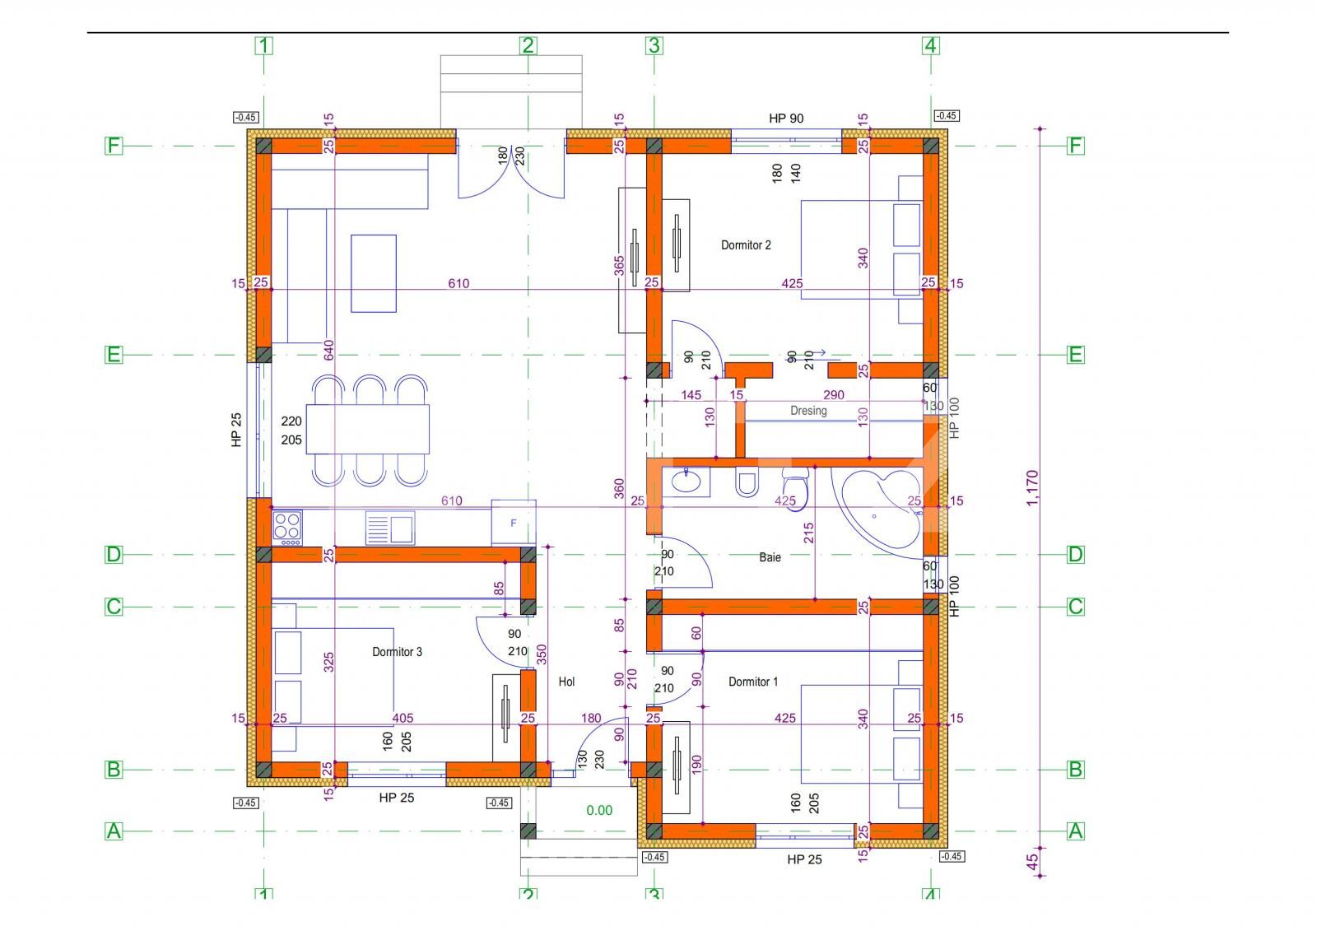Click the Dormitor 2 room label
tap(746, 245)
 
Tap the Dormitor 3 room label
tap(397, 652)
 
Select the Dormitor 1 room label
tap(752, 682)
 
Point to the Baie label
tap(770, 557)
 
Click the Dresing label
tap(808, 411)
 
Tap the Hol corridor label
tap(566, 682)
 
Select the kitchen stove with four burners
tap(287, 528)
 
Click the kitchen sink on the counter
tap(390, 528)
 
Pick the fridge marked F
tap(514, 523)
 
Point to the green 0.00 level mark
tap(599, 810)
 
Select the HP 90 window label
tap(786, 119)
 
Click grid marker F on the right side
tap(1076, 146)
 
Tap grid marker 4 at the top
tap(931, 45)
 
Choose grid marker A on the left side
tap(114, 831)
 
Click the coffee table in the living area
tap(374, 273)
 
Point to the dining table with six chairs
tap(368, 429)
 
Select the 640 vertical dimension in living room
tap(328, 350)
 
